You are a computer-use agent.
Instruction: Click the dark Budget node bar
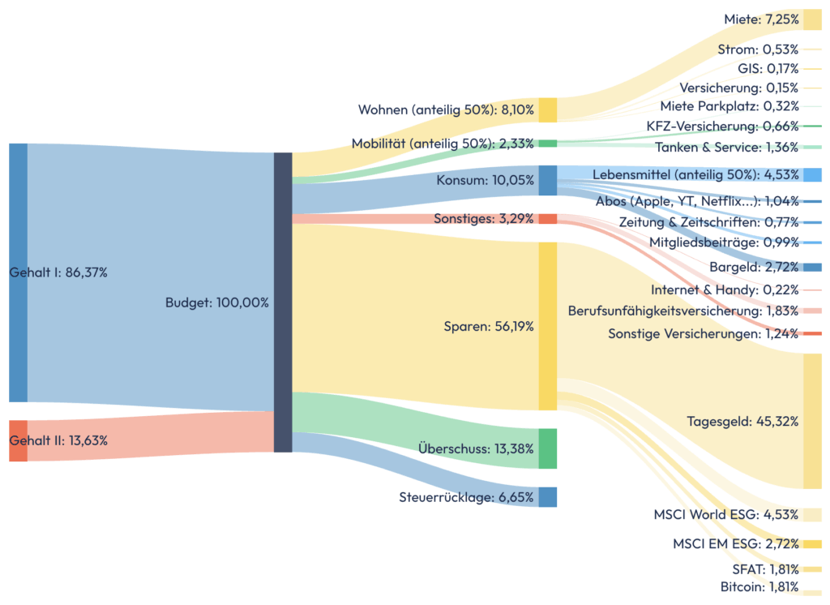tap(283, 302)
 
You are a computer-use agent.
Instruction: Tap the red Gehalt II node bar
tap(18, 440)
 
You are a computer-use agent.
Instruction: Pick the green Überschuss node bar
tap(548, 448)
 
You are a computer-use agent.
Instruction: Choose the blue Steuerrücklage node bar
tap(548, 497)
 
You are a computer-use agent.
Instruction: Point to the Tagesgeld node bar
tap(812, 421)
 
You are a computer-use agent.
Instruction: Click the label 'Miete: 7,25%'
tap(761, 19)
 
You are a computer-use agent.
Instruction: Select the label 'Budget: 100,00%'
tap(216, 302)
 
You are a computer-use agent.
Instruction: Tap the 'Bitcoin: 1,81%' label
tap(759, 587)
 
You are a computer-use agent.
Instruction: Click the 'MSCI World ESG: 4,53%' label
tap(726, 515)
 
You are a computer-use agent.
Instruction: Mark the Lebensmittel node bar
tap(812, 175)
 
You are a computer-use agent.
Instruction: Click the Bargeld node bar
tap(812, 267)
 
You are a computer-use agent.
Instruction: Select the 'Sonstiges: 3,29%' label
tap(484, 218)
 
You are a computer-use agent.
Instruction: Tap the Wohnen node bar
tap(548, 109)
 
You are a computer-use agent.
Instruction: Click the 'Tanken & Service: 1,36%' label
tap(727, 148)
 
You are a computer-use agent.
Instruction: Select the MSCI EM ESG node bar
tap(812, 544)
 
